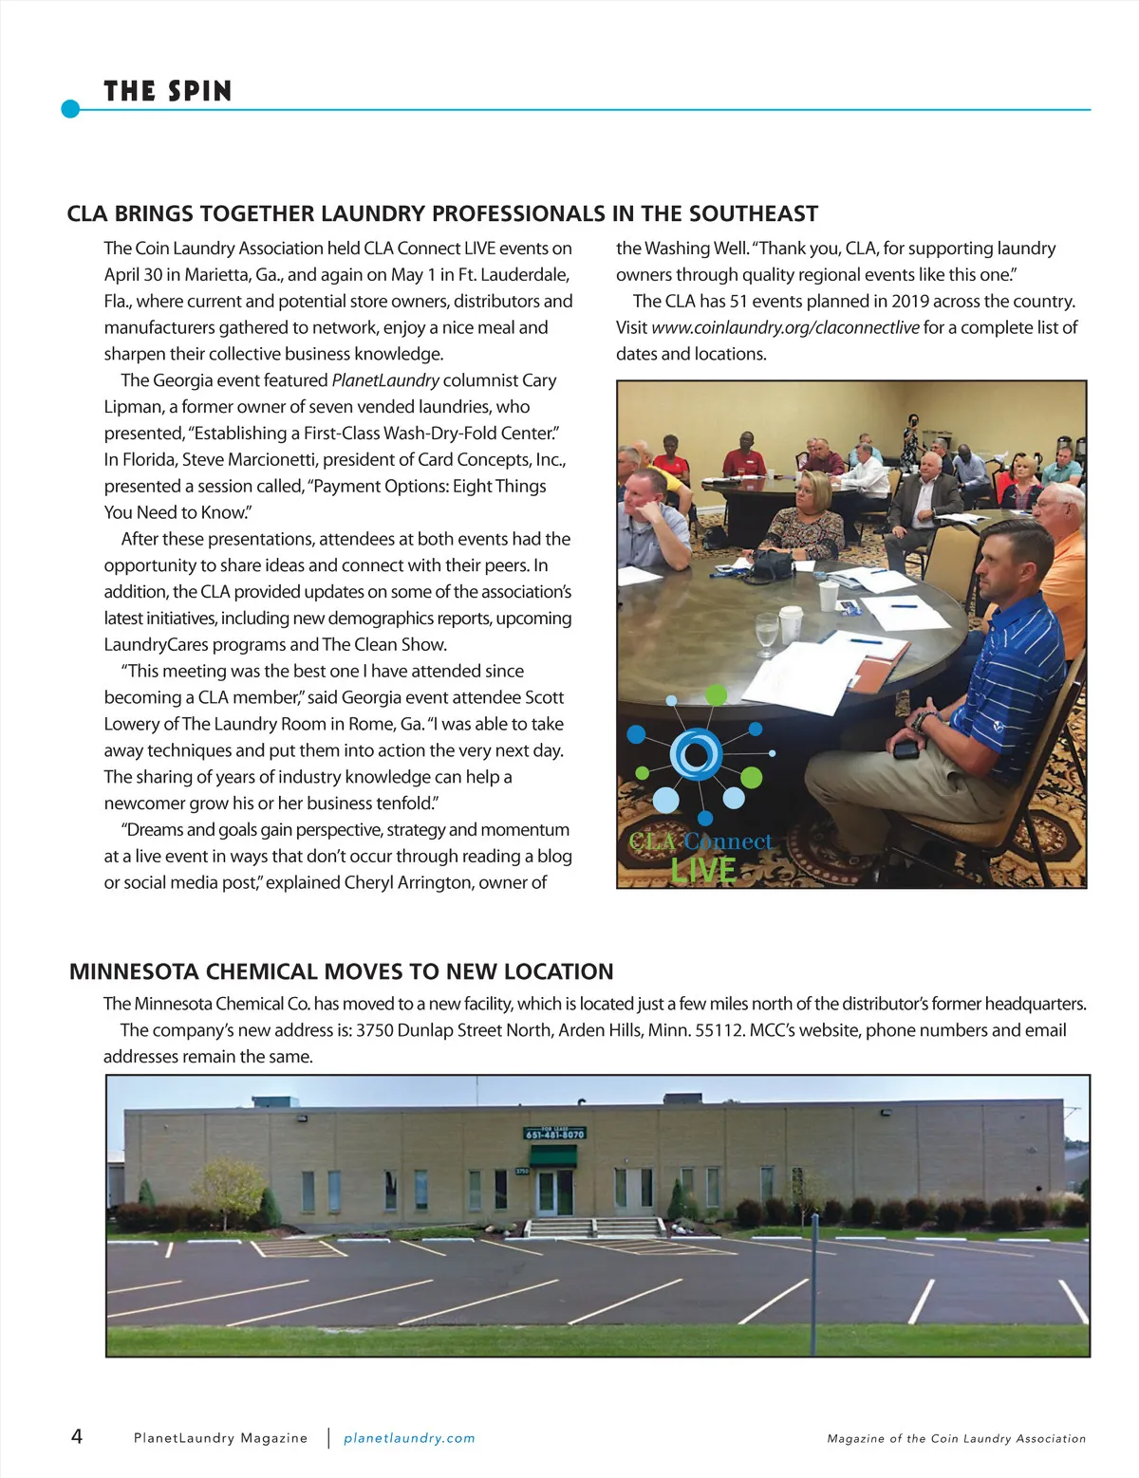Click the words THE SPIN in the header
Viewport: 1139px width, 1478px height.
167,91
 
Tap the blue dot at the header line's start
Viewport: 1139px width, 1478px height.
70,109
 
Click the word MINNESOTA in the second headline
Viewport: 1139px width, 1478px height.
134,971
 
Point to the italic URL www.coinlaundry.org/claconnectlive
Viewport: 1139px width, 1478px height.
785,327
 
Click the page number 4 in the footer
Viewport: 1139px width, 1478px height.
77,1436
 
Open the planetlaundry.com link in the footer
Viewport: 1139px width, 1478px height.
409,1438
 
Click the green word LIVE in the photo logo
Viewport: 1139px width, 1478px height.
703,870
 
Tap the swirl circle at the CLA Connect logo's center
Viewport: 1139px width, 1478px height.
696,754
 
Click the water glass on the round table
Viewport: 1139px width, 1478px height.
766,633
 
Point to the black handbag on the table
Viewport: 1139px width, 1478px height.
767,565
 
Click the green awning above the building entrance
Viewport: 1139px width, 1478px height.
552,1155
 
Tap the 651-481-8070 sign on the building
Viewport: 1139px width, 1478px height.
554,1134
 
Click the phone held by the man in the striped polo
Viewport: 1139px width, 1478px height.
906,749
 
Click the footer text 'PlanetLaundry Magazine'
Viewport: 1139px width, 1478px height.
220,1438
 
